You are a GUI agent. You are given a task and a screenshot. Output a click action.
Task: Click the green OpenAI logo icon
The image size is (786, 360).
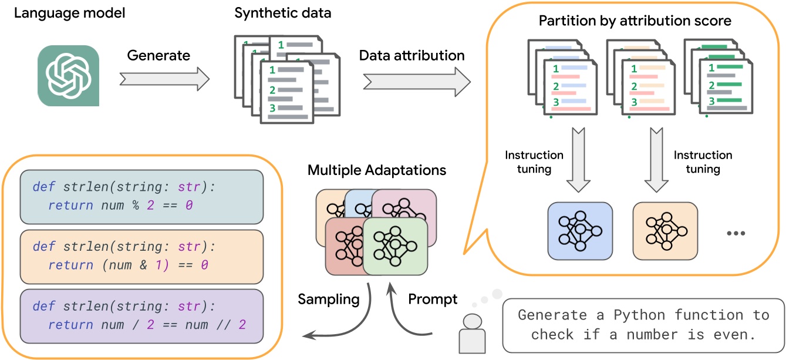(69, 76)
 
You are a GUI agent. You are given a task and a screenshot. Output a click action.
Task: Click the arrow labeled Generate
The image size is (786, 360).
(164, 77)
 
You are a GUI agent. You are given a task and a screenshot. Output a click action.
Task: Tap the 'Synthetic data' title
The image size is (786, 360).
(284, 13)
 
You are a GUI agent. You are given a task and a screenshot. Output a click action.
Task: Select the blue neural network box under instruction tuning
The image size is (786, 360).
(580, 231)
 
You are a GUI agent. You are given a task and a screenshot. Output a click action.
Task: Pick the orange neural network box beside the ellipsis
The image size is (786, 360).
(665, 231)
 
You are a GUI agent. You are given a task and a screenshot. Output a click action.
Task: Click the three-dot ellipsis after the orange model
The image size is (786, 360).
(735, 233)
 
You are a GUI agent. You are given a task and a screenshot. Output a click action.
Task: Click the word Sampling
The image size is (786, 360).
(329, 300)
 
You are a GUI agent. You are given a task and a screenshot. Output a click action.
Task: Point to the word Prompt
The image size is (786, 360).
(433, 300)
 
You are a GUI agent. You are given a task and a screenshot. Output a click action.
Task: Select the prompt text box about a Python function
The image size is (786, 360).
(643, 324)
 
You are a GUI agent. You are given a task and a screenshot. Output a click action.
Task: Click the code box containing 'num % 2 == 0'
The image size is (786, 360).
(140, 197)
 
